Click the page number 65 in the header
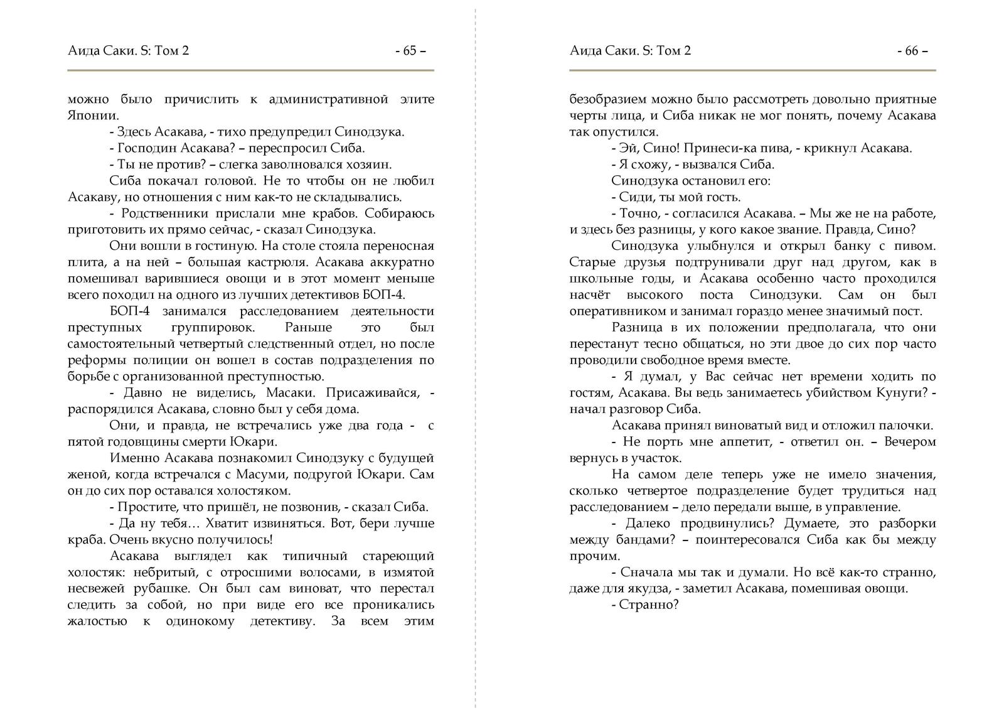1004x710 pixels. (410, 51)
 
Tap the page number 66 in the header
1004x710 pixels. (912, 51)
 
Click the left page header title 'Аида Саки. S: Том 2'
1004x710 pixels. (128, 51)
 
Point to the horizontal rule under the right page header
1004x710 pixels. (752, 70)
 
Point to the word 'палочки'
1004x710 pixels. (909, 426)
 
